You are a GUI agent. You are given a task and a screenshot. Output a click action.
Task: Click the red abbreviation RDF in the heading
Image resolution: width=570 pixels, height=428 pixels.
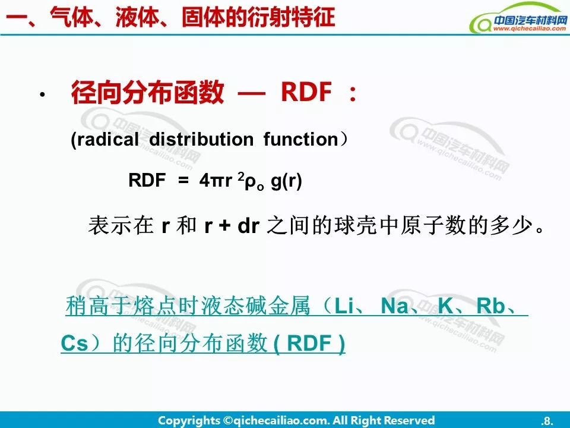pos(306,92)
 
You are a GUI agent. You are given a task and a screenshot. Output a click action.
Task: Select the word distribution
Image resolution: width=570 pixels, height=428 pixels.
pos(201,139)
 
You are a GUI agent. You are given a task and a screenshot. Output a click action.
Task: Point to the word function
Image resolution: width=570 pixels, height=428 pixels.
pos(301,139)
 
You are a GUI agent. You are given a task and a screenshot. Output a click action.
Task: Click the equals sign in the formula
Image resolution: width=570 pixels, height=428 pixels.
pos(183,180)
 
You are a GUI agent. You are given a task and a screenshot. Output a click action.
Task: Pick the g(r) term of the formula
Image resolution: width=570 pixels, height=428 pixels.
pos(286,181)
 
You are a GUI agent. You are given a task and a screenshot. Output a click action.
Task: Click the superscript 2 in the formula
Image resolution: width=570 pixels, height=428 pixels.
pos(240,176)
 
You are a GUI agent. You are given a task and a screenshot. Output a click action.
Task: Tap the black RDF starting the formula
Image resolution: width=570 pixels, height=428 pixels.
pos(147,180)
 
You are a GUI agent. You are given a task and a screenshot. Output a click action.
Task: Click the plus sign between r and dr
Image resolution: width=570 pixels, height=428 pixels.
pos(224,226)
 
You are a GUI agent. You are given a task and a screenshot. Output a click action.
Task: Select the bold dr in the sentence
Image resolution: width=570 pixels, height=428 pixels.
pos(248,226)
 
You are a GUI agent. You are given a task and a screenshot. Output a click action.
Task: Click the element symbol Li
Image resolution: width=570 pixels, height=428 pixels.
pos(344,306)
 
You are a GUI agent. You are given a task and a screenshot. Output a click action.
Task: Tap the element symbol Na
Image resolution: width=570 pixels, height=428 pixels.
pos(394,306)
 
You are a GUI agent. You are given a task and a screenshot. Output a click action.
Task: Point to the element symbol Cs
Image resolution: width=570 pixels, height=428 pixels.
pos(75,343)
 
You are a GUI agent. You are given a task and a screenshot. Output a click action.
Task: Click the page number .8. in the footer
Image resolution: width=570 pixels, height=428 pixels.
pos(547,421)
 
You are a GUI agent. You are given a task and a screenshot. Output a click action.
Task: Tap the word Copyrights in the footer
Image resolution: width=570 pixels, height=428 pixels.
pos(189,421)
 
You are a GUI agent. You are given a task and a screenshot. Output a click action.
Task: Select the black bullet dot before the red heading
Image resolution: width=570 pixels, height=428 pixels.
pos(43,95)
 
